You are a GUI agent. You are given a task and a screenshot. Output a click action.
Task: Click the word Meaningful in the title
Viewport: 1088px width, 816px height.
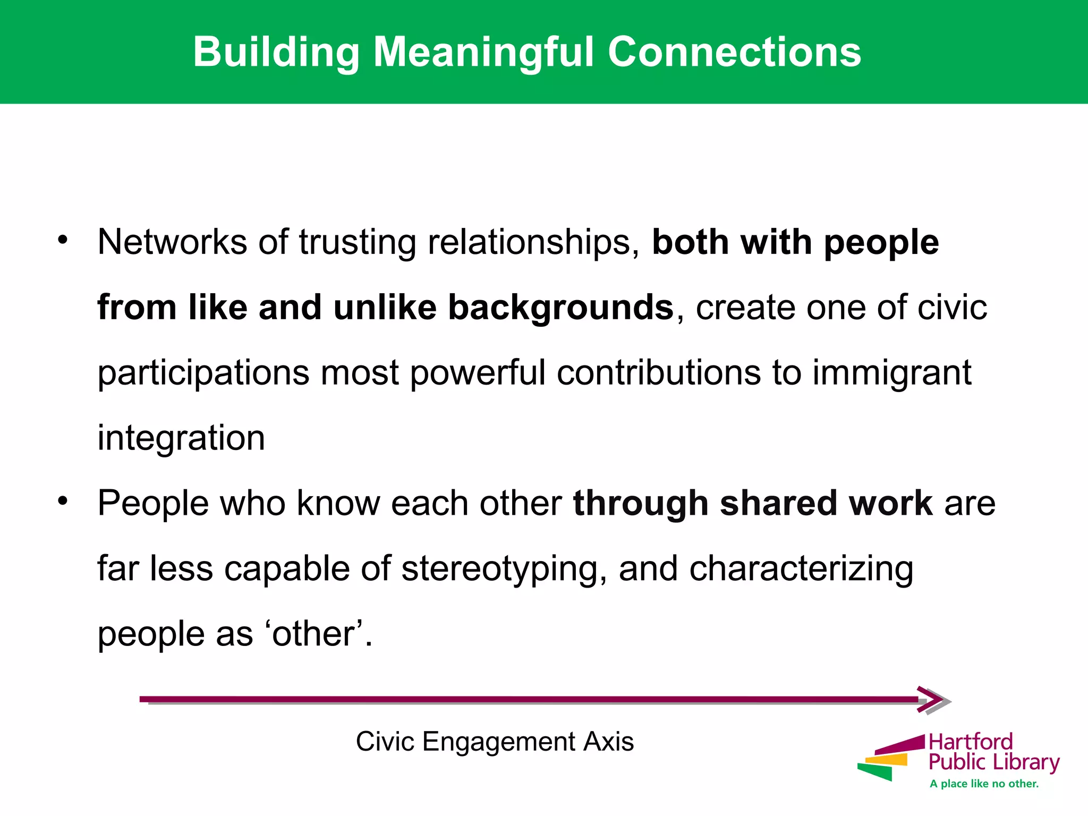(x=484, y=52)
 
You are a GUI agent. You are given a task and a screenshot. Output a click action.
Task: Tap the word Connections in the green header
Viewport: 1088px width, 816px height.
(x=734, y=52)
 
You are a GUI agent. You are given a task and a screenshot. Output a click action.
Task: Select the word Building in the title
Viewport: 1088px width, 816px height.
(x=276, y=52)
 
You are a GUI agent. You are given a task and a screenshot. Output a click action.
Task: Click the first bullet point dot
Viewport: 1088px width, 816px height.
(x=63, y=240)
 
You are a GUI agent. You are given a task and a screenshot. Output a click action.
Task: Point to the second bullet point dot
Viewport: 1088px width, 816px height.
(x=63, y=500)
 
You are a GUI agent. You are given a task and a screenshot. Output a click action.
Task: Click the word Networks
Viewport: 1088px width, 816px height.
(x=172, y=242)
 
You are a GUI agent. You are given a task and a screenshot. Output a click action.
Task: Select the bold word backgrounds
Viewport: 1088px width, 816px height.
(x=560, y=308)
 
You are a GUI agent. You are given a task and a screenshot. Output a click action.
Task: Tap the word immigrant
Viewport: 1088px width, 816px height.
(x=892, y=373)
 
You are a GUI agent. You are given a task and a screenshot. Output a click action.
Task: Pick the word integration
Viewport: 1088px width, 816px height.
(x=181, y=439)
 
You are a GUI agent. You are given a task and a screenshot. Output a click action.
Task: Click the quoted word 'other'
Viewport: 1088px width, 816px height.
(x=313, y=634)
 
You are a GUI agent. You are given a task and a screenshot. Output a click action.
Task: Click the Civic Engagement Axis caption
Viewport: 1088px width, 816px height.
(x=495, y=742)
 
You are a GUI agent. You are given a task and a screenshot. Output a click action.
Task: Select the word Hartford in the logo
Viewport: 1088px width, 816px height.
(x=971, y=742)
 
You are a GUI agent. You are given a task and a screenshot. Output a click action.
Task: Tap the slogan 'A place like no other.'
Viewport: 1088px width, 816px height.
(x=984, y=784)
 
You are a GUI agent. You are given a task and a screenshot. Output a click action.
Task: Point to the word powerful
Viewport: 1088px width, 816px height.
(x=478, y=373)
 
